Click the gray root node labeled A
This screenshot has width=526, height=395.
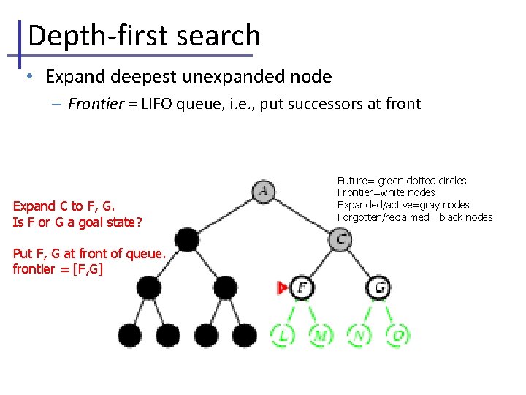point(263,192)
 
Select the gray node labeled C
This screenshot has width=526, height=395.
point(340,238)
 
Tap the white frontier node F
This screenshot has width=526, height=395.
point(302,287)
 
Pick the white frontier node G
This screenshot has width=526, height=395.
point(378,287)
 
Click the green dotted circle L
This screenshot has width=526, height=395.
point(283,335)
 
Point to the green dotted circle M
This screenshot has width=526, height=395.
point(321,335)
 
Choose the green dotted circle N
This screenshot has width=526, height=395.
point(359,335)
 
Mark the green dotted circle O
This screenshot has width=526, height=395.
point(397,335)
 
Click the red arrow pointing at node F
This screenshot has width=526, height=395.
point(283,288)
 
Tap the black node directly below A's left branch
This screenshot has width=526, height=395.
point(187,239)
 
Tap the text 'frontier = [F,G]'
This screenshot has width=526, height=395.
point(58,269)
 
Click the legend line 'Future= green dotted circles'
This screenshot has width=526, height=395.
point(402,180)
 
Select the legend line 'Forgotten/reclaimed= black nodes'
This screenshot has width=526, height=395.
point(415,217)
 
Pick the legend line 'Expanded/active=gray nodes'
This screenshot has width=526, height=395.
point(403,205)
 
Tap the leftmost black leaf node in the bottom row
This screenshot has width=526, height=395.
point(130,335)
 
